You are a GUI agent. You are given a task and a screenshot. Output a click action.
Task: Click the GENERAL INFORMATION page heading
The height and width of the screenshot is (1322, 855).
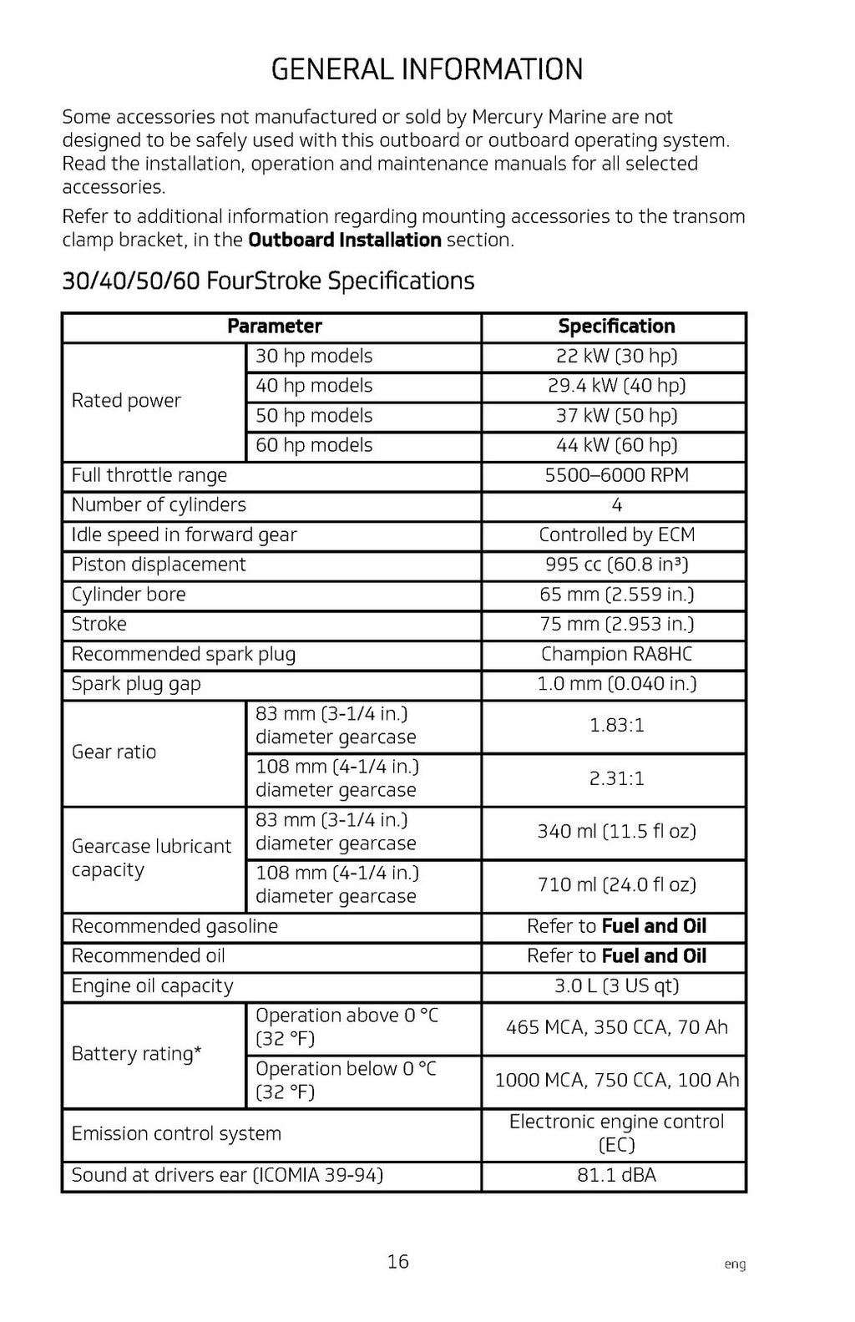(x=427, y=69)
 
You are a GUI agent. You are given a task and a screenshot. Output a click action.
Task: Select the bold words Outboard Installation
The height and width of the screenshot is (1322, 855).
(x=344, y=241)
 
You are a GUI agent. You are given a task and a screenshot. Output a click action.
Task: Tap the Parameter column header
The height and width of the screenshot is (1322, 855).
(x=274, y=327)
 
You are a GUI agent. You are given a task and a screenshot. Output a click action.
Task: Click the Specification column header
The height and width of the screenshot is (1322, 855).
(x=616, y=327)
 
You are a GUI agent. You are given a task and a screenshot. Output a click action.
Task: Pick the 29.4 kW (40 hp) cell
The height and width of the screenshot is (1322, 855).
(x=616, y=386)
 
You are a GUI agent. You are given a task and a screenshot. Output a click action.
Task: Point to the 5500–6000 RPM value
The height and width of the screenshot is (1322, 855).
(x=616, y=475)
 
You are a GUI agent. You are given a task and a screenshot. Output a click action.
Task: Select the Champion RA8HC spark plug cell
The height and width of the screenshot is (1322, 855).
(x=616, y=654)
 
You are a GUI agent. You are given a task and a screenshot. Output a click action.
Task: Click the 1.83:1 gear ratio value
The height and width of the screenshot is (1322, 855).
(x=616, y=725)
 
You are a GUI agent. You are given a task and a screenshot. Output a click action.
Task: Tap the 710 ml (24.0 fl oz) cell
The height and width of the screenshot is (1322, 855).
(x=616, y=884)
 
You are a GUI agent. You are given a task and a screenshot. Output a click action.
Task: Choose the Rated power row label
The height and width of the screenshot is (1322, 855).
(x=126, y=401)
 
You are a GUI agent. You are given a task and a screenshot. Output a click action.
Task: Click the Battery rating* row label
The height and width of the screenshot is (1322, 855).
(x=136, y=1054)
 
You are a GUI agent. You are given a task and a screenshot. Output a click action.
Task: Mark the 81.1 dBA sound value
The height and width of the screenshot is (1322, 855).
(x=616, y=1175)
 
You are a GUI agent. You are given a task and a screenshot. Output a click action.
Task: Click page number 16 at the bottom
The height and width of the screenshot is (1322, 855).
(x=398, y=1261)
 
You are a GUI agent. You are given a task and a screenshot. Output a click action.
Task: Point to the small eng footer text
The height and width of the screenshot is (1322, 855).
(x=735, y=1265)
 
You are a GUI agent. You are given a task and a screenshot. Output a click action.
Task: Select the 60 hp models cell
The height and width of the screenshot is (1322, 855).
(x=314, y=445)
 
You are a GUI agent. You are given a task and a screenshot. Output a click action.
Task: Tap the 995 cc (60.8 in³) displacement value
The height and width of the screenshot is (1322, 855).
(x=616, y=565)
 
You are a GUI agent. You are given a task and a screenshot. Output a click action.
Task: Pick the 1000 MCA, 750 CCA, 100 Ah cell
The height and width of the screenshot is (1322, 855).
(x=616, y=1081)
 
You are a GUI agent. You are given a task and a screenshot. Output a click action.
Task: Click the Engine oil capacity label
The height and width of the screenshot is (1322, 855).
(x=152, y=986)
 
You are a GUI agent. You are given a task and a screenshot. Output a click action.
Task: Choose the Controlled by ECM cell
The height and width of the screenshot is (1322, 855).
(x=616, y=534)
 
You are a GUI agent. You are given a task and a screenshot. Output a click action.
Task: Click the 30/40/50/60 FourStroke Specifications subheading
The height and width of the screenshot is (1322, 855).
(x=268, y=281)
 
